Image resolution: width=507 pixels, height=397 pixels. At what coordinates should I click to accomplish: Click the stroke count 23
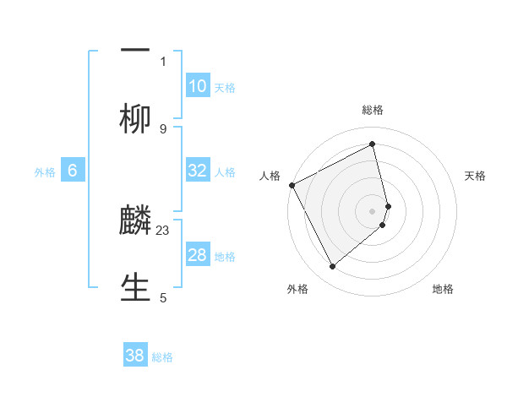tap(163, 230)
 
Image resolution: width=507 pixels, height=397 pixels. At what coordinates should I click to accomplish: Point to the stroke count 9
tap(163, 128)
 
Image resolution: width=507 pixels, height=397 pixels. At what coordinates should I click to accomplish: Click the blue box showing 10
tap(198, 86)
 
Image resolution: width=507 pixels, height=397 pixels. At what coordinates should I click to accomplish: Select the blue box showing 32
tap(198, 171)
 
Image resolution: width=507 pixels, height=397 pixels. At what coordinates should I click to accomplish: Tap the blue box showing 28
tap(198, 255)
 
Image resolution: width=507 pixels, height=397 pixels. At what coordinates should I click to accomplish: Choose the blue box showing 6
tap(73, 171)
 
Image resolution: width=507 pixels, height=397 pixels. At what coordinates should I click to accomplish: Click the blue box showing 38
tap(135, 356)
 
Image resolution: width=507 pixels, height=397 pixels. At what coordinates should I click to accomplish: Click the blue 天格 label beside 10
tap(225, 87)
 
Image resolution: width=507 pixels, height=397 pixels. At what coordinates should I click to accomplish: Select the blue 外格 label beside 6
tap(45, 171)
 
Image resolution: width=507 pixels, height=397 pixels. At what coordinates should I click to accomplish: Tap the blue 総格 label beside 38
tap(162, 357)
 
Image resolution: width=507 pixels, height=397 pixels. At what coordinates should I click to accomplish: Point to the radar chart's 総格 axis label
tap(373, 110)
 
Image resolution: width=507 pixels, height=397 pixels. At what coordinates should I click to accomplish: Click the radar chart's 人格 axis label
tap(270, 176)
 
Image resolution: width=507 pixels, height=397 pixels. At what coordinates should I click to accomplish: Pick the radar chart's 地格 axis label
tap(443, 289)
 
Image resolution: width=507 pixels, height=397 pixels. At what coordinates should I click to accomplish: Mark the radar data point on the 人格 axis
tap(292, 185)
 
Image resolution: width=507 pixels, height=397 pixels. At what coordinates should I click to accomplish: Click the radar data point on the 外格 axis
tap(332, 267)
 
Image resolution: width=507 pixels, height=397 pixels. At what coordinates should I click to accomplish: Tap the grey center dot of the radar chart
tap(373, 210)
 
